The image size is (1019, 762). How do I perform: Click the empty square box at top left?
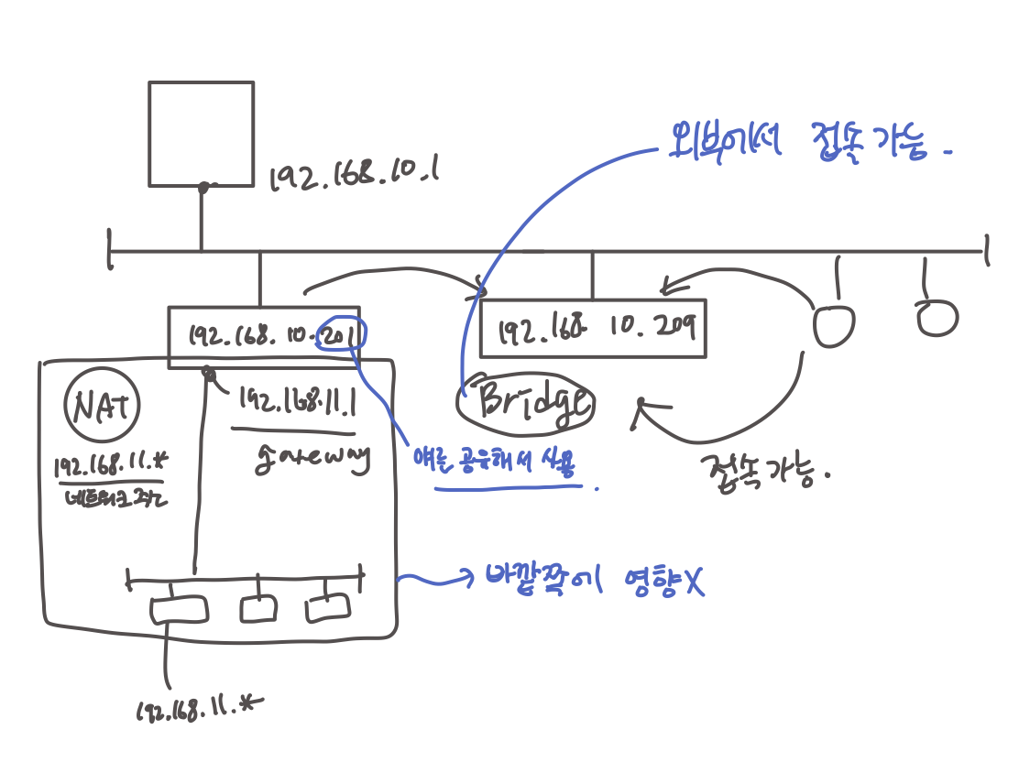click(x=201, y=133)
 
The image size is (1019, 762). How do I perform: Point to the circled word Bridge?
click(x=525, y=404)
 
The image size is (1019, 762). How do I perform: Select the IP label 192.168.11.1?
click(x=297, y=401)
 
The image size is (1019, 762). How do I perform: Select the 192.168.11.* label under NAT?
click(x=108, y=465)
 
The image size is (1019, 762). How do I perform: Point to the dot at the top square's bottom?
click(x=203, y=187)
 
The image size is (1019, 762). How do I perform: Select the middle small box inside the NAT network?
click(x=259, y=607)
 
